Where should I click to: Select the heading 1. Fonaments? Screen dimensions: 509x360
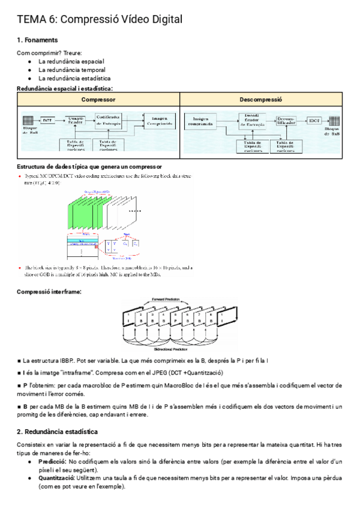coord(37,40)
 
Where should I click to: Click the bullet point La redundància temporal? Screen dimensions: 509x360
coord(71,70)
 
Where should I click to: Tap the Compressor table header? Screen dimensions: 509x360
coord(98,100)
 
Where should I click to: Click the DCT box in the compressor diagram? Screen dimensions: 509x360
coord(47,119)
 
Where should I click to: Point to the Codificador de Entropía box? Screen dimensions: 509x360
coord(108,120)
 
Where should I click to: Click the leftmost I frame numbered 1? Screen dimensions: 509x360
coord(127,318)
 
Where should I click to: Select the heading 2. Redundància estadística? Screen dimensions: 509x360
coord(58,432)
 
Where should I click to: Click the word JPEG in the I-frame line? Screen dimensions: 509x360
coord(160,373)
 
